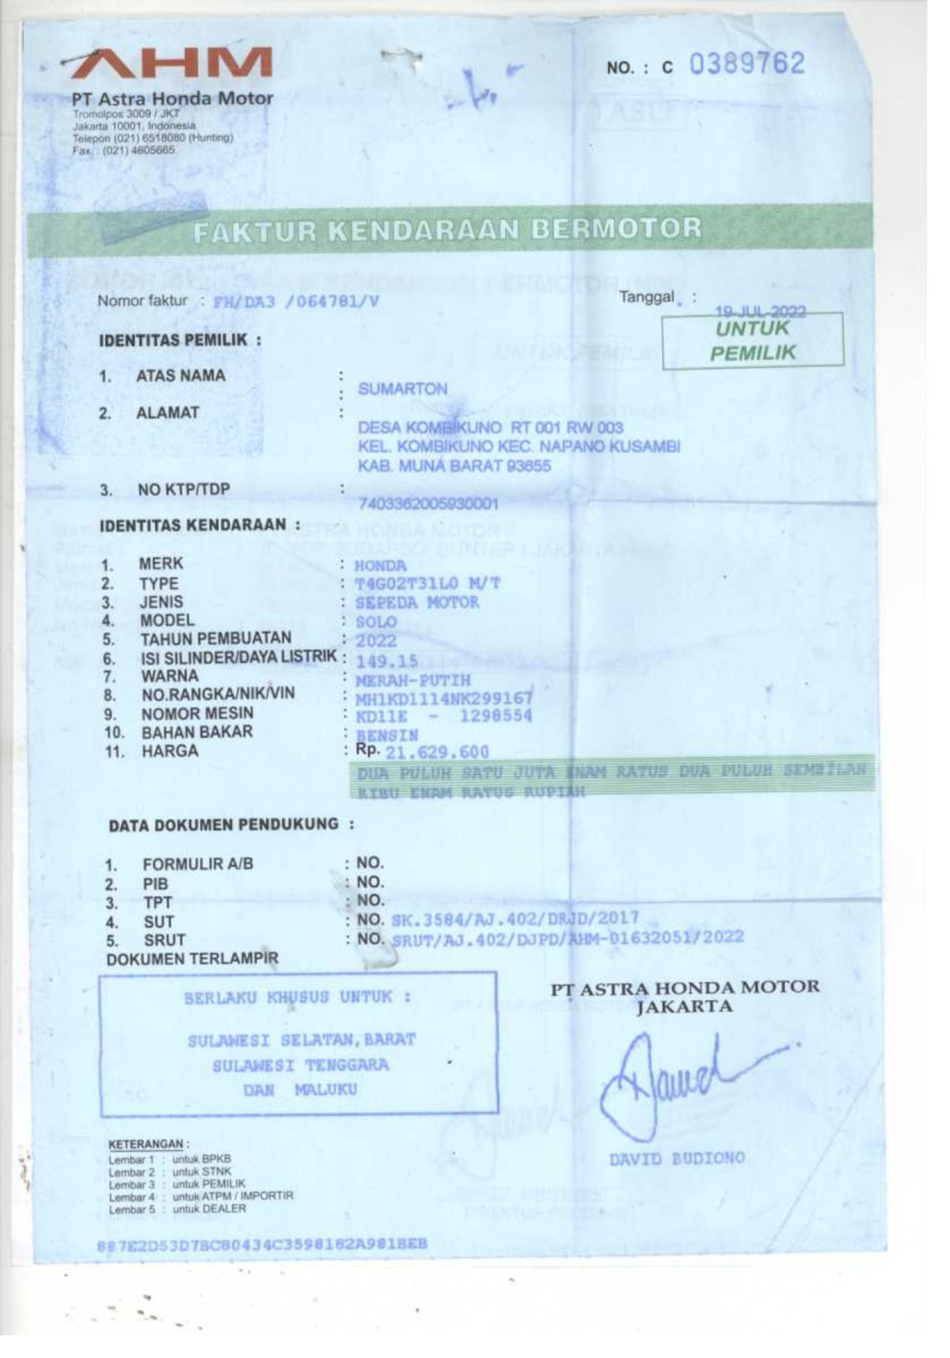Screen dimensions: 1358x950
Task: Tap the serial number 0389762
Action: click(746, 64)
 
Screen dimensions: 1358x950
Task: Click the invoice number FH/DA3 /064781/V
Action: click(295, 302)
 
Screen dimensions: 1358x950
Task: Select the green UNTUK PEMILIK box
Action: click(752, 341)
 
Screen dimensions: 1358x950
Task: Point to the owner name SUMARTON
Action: click(402, 389)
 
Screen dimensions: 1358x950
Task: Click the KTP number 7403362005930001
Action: click(427, 503)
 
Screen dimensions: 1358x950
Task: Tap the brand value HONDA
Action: click(380, 566)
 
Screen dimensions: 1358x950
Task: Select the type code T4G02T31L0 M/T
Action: click(427, 584)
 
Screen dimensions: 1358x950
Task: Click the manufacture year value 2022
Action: click(375, 641)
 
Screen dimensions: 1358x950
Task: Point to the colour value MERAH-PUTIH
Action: click(412, 680)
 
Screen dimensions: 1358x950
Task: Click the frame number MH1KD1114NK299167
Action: click(443, 698)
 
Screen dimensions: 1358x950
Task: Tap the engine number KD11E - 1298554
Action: click(443, 716)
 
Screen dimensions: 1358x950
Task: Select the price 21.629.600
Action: click(436, 752)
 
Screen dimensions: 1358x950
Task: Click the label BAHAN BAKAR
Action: click(197, 732)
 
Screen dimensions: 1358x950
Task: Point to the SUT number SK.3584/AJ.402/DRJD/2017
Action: click(515, 920)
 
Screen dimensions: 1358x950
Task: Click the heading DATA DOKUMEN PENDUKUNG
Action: click(224, 825)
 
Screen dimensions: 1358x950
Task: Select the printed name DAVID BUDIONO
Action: click(677, 1159)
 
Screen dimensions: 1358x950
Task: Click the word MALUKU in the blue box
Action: click(325, 1090)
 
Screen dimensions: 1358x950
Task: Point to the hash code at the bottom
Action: click(262, 1243)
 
